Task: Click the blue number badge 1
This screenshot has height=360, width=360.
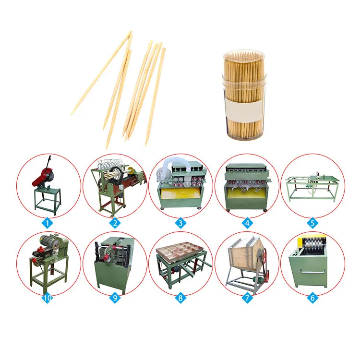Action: coord(48,223)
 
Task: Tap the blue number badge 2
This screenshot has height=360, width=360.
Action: coord(115,223)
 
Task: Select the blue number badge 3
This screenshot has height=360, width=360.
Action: coord(180,223)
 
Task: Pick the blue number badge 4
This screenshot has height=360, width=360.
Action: coord(247,223)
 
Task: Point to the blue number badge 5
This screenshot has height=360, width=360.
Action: coord(312,223)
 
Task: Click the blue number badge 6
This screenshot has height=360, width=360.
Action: coord(312,298)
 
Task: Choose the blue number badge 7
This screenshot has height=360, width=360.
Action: coord(247,298)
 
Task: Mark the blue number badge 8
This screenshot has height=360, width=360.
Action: coord(180,298)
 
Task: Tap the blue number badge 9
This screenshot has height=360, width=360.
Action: coord(115,298)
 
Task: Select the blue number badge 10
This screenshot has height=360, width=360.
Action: coord(48,298)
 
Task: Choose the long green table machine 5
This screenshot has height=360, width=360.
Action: coord(312,186)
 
